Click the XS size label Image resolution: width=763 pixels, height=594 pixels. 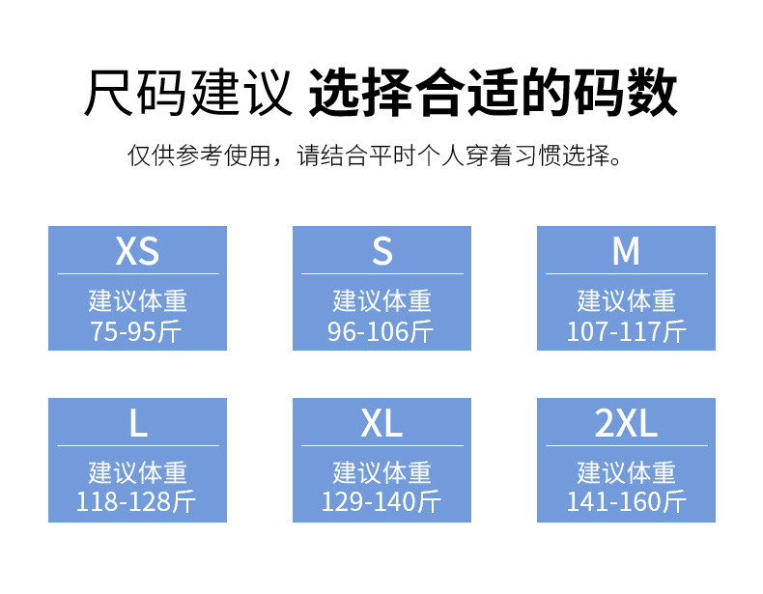coord(137,251)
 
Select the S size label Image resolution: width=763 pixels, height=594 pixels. coord(381,251)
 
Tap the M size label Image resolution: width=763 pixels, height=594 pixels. coord(626,251)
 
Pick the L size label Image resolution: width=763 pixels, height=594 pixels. coord(137,423)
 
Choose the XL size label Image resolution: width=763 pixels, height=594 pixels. coord(381,423)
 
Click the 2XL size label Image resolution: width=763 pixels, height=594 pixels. coord(626,423)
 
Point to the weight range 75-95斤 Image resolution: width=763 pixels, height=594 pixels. coord(137,332)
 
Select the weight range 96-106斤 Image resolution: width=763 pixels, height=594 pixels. coord(381,332)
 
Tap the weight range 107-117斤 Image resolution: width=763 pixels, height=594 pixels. coord(626,332)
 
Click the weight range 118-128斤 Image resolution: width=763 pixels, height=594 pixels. coord(137,502)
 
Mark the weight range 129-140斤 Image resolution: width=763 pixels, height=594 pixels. coord(381,502)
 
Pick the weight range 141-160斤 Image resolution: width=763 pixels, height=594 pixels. coord(626,502)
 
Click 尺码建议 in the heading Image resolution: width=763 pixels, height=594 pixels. coord(187,93)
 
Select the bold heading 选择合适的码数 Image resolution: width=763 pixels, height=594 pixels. coord(493,93)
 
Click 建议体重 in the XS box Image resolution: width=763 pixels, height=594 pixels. coord(137,300)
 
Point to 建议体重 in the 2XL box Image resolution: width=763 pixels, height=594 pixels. coord(626,472)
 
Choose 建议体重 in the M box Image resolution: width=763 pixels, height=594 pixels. coord(626,300)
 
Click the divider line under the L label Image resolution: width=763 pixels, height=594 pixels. coord(137,446)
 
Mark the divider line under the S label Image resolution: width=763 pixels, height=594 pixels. coord(381,274)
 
